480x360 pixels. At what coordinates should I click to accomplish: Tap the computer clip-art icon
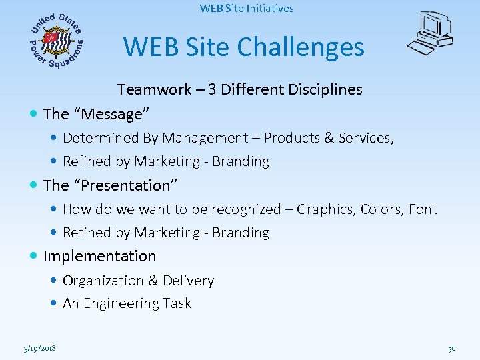pyautogui.click(x=431, y=34)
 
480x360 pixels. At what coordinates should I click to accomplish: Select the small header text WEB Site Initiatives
pyautogui.click(x=246, y=9)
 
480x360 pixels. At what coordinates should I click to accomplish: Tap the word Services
pyautogui.click(x=366, y=138)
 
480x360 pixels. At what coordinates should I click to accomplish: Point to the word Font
pyautogui.click(x=423, y=209)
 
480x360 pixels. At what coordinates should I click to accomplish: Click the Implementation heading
pyautogui.click(x=99, y=256)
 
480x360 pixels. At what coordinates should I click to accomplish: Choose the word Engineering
pyautogui.click(x=117, y=303)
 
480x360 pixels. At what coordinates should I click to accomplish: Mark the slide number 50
pyautogui.click(x=451, y=349)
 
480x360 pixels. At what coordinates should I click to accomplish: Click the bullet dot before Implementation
pyautogui.click(x=34, y=256)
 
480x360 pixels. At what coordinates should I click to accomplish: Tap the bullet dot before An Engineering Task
pyautogui.click(x=53, y=304)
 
